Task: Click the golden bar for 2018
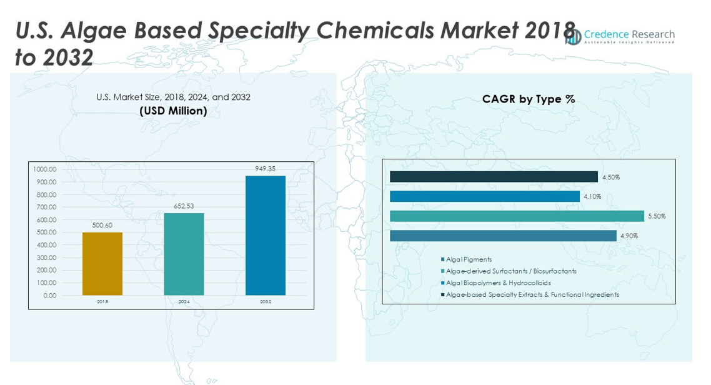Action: (102, 264)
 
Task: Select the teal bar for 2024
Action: (184, 254)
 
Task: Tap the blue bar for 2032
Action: (265, 236)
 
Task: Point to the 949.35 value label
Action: (265, 169)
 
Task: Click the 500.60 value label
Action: (102, 225)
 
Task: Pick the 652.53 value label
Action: (184, 206)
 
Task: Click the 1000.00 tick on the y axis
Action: (44, 169)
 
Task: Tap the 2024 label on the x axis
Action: (184, 302)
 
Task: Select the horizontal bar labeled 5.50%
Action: (517, 216)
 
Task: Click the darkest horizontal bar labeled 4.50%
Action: (494, 177)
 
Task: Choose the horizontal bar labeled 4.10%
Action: (485, 196)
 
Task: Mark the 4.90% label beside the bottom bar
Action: (630, 236)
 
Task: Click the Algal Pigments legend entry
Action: (469, 259)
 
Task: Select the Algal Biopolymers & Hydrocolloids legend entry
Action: (498, 283)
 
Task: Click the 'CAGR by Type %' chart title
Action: (529, 99)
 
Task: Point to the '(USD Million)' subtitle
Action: (173, 111)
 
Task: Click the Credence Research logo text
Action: (629, 35)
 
